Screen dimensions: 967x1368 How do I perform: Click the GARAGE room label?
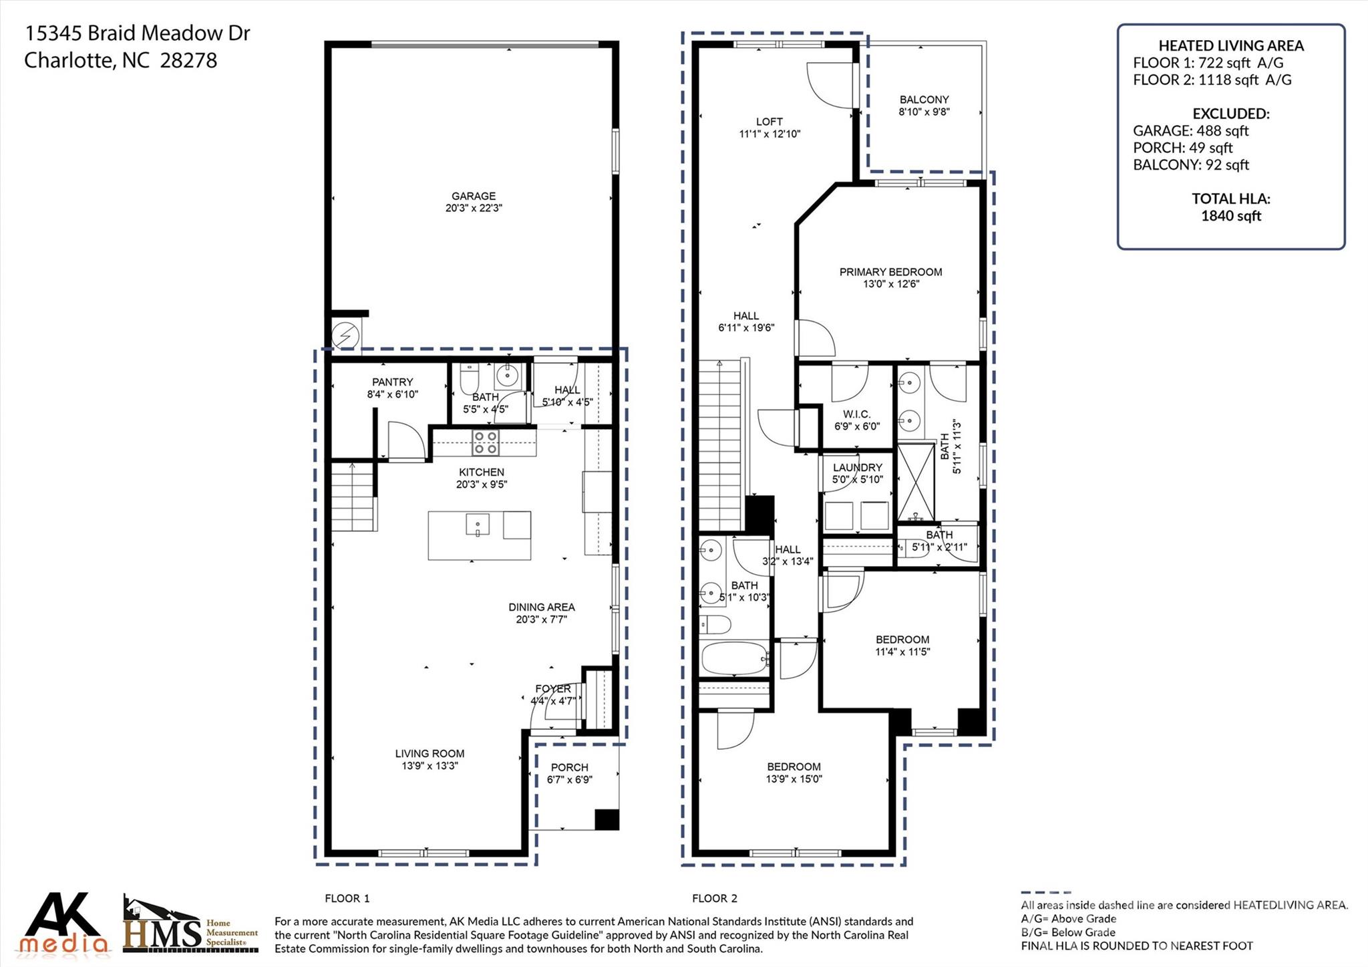(x=473, y=196)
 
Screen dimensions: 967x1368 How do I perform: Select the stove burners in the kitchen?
(x=485, y=442)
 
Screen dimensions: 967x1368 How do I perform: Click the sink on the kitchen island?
(x=478, y=525)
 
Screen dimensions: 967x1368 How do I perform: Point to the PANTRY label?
(x=392, y=382)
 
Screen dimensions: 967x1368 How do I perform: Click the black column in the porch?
(x=607, y=819)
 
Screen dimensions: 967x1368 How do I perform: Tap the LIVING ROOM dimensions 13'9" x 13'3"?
(x=430, y=766)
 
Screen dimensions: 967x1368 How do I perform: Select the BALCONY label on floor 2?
(x=924, y=100)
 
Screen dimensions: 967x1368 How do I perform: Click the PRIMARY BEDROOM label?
(x=890, y=272)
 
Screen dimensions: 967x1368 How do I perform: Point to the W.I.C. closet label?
(x=856, y=414)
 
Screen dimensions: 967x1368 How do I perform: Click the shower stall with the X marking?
(x=916, y=481)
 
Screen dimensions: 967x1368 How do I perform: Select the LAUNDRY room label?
(x=857, y=468)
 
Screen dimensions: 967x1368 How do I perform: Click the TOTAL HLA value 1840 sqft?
(x=1230, y=216)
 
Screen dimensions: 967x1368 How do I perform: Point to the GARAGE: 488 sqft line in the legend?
(x=1190, y=131)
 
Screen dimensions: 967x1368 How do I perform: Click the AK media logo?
(x=65, y=924)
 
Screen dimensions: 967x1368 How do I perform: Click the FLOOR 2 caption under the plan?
(x=714, y=898)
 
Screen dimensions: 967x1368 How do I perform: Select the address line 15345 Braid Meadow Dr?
(x=137, y=33)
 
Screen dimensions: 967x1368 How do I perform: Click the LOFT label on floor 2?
(x=769, y=122)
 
